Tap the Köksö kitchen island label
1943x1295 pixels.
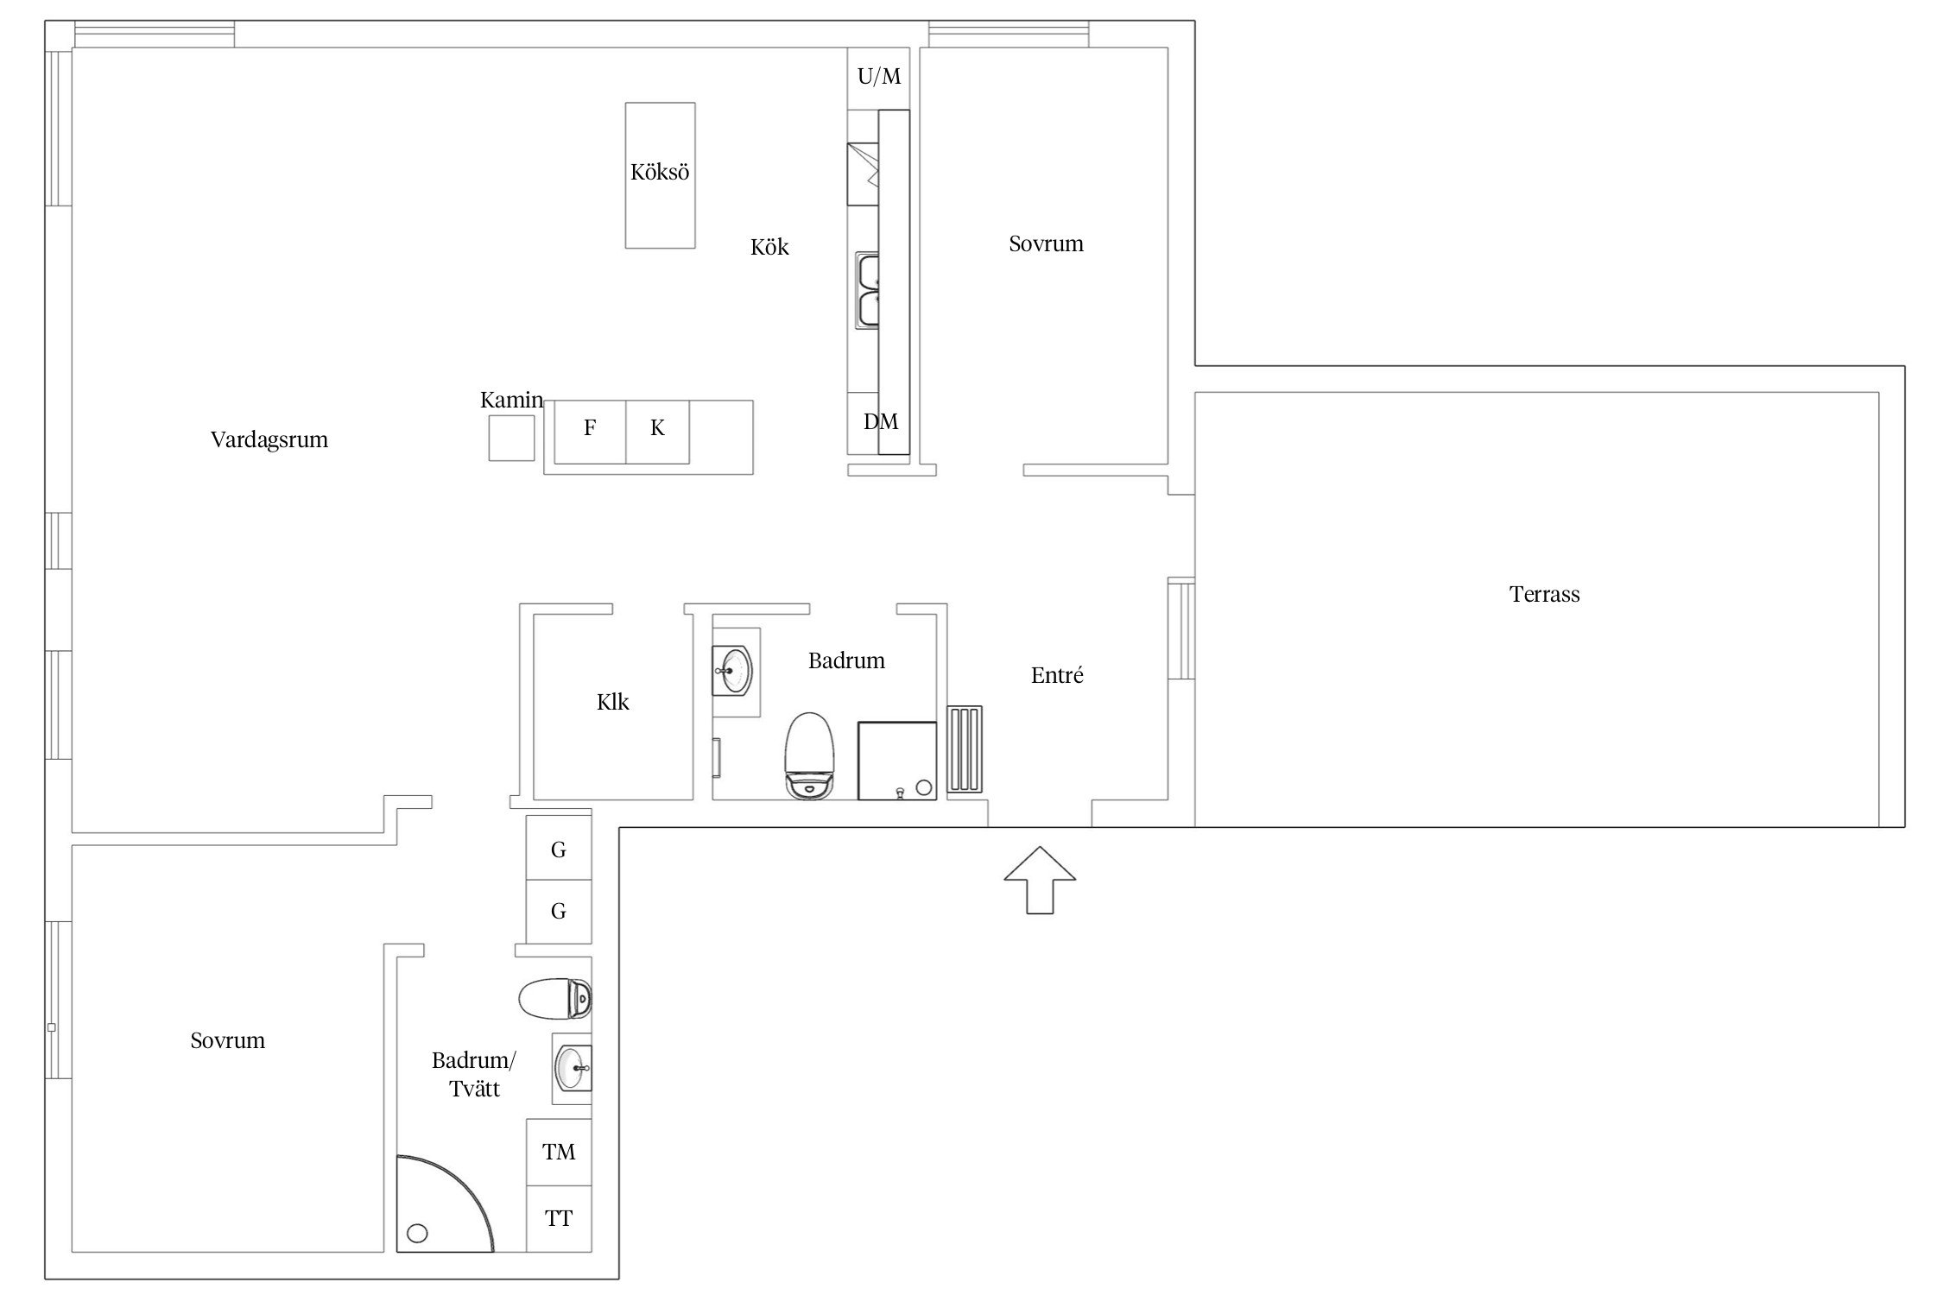coord(660,172)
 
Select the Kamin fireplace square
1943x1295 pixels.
coord(511,438)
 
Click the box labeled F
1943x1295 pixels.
coord(590,432)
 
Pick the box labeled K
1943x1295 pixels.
coord(657,432)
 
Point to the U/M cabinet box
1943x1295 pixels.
coord(878,78)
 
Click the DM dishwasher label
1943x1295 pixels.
coord(881,421)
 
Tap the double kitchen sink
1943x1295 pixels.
coord(867,290)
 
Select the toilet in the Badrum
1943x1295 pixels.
coord(810,755)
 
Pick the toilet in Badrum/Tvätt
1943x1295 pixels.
coord(555,998)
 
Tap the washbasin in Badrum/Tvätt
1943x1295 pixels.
coord(573,1068)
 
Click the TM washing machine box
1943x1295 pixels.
coord(559,1152)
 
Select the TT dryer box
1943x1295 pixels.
coord(559,1218)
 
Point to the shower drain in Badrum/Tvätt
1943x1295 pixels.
coord(417,1234)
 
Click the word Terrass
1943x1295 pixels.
coord(1544,594)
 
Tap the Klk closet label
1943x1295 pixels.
coord(613,702)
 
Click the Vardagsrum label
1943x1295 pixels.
coord(269,439)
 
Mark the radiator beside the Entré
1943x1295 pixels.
coord(965,749)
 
